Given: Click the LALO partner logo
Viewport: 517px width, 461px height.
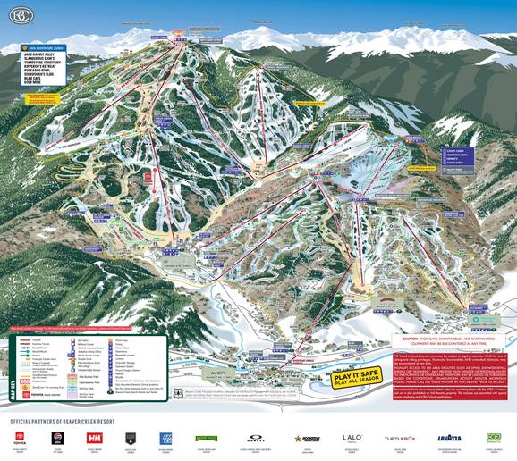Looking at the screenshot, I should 352,438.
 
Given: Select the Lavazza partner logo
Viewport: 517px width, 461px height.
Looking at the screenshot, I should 448,438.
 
